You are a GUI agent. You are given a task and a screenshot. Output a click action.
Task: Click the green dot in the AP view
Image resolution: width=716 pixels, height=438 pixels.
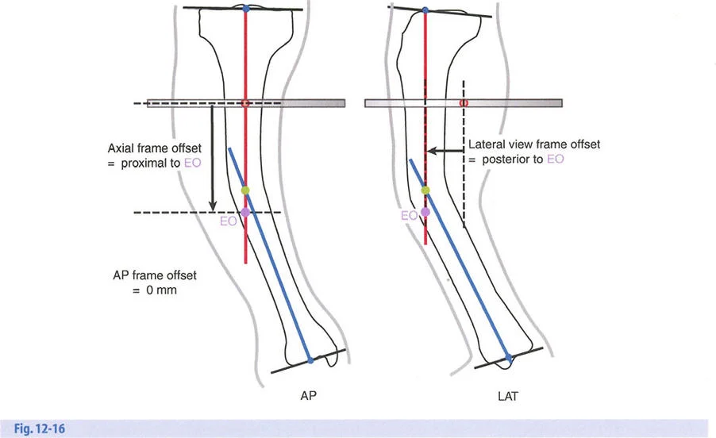click(245, 190)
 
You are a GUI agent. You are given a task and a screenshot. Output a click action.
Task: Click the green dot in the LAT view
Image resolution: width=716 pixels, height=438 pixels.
click(425, 190)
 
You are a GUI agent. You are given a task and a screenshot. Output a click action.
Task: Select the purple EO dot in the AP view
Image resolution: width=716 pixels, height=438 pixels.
click(245, 212)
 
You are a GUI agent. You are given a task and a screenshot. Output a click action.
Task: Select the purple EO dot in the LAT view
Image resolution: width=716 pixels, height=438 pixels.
click(425, 212)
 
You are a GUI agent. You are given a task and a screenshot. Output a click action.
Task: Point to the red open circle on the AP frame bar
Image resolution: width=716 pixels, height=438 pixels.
click(245, 103)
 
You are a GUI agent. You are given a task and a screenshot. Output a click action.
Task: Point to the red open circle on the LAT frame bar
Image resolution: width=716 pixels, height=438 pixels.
click(464, 103)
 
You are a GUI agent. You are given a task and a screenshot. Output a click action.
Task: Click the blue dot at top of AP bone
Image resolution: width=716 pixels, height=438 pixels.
click(245, 8)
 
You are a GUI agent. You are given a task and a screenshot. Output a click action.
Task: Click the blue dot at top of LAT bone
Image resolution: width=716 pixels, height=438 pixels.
click(425, 10)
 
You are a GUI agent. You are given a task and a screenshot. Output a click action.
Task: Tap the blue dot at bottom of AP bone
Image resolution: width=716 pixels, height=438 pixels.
click(310, 359)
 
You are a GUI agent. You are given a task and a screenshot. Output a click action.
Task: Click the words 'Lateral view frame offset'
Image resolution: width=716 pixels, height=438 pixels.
click(533, 144)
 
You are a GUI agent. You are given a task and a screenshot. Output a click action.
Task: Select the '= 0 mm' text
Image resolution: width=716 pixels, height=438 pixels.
click(155, 290)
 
